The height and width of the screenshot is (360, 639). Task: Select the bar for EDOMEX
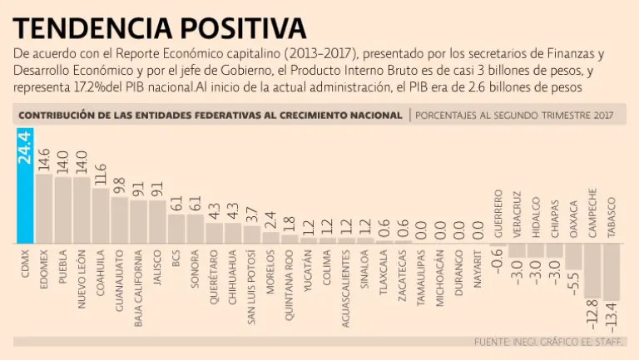pos(44,208)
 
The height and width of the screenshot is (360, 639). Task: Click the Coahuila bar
pos(101,215)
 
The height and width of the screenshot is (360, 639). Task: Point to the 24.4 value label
pos(25,146)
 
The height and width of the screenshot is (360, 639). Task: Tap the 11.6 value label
pos(101,173)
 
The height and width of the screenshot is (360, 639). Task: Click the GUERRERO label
pos(498,215)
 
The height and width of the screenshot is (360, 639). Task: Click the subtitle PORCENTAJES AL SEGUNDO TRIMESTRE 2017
pos(514,116)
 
